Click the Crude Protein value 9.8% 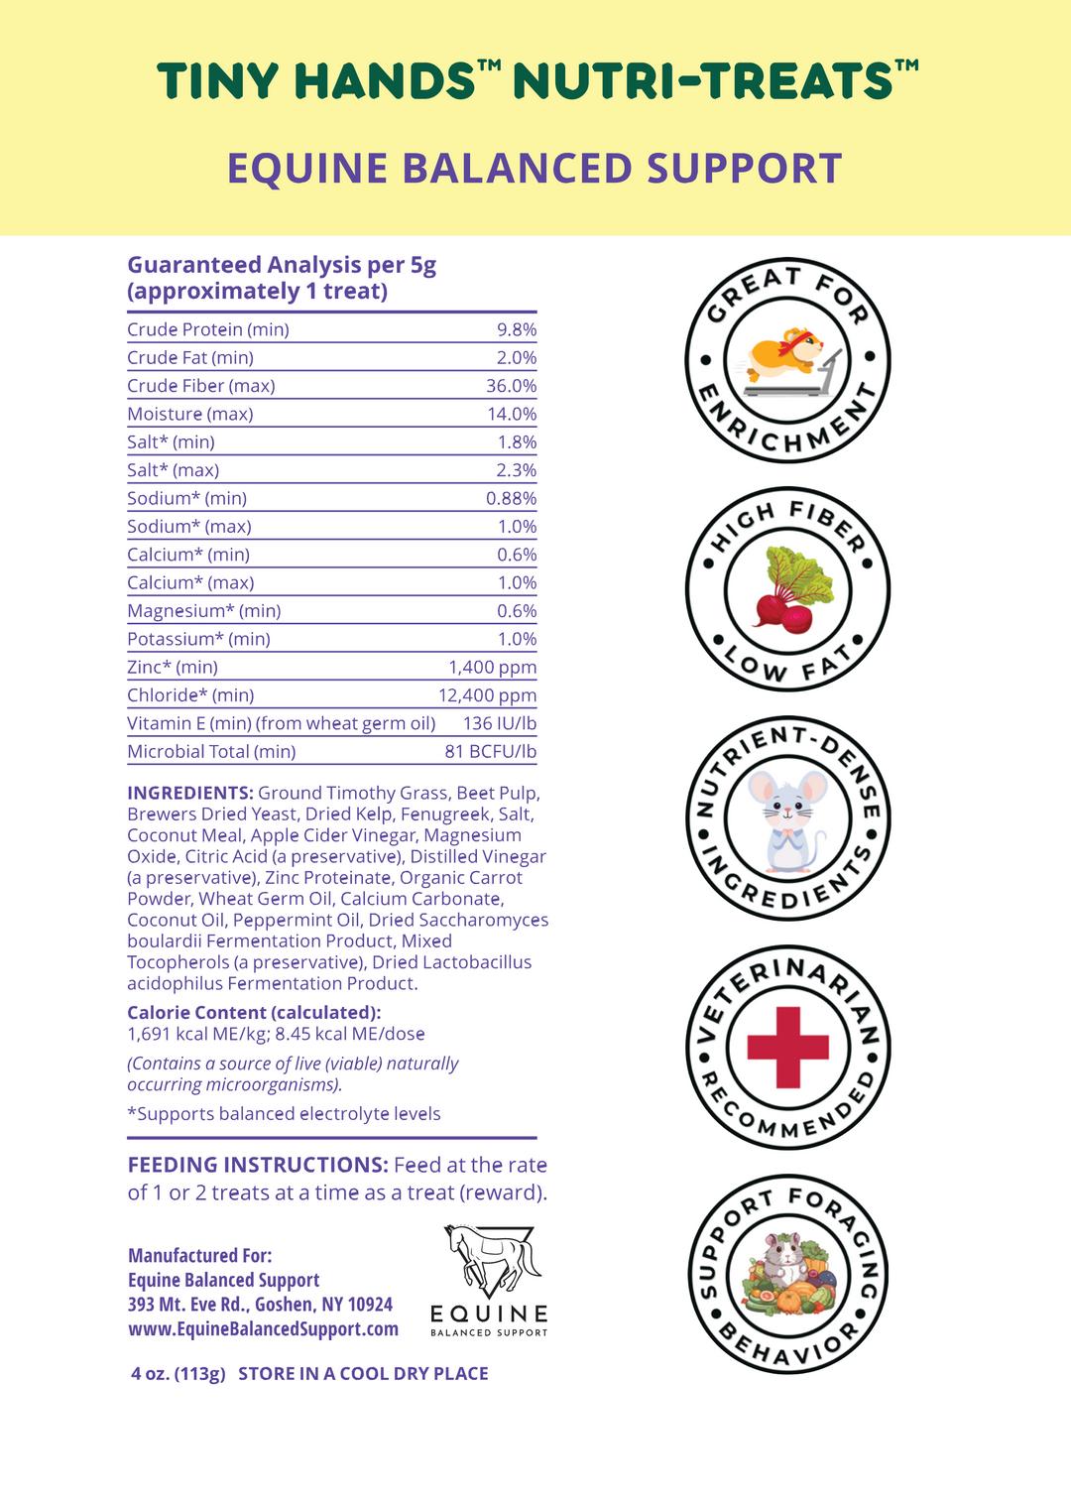(516, 329)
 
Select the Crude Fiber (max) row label (201, 386)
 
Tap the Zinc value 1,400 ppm (492, 668)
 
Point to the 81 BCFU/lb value (490, 752)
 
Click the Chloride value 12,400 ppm (487, 695)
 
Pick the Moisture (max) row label (190, 414)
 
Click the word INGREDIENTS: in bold (190, 793)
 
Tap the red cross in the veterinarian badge (787, 1047)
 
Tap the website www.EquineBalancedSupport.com (263, 1328)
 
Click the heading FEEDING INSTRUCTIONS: (257, 1165)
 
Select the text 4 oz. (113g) (178, 1374)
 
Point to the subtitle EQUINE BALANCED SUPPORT (535, 169)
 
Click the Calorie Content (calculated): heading (254, 1013)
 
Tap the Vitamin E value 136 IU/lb (500, 724)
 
